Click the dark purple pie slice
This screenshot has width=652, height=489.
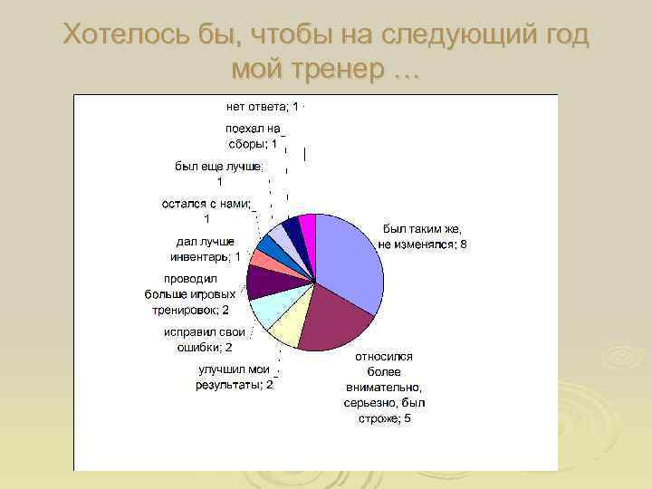click(x=264, y=282)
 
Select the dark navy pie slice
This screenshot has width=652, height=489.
click(x=292, y=228)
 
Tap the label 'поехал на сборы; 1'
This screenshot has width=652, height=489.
click(x=253, y=136)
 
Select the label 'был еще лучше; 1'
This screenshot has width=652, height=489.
click(x=218, y=173)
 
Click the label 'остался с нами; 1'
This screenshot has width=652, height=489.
click(x=206, y=211)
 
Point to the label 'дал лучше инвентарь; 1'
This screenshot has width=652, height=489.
click(x=206, y=249)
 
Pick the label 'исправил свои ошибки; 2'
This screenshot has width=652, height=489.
click(x=198, y=340)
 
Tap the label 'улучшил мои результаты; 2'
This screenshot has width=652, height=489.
click(x=235, y=377)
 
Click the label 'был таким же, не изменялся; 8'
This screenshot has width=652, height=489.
click(x=422, y=237)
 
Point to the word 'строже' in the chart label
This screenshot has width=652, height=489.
click(x=379, y=418)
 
